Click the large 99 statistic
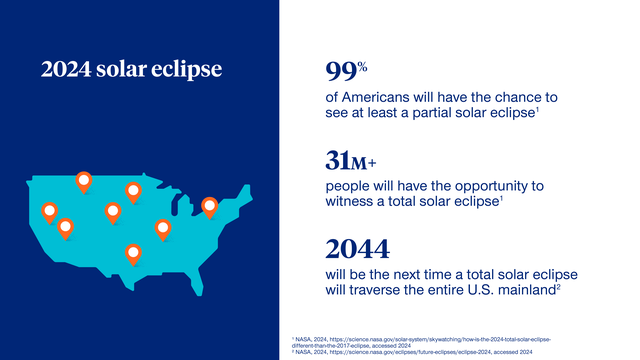343,72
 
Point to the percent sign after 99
364,67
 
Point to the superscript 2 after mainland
556,287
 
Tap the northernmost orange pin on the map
84,182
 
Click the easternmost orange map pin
209,206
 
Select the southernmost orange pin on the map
133,253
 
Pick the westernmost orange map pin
48,212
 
